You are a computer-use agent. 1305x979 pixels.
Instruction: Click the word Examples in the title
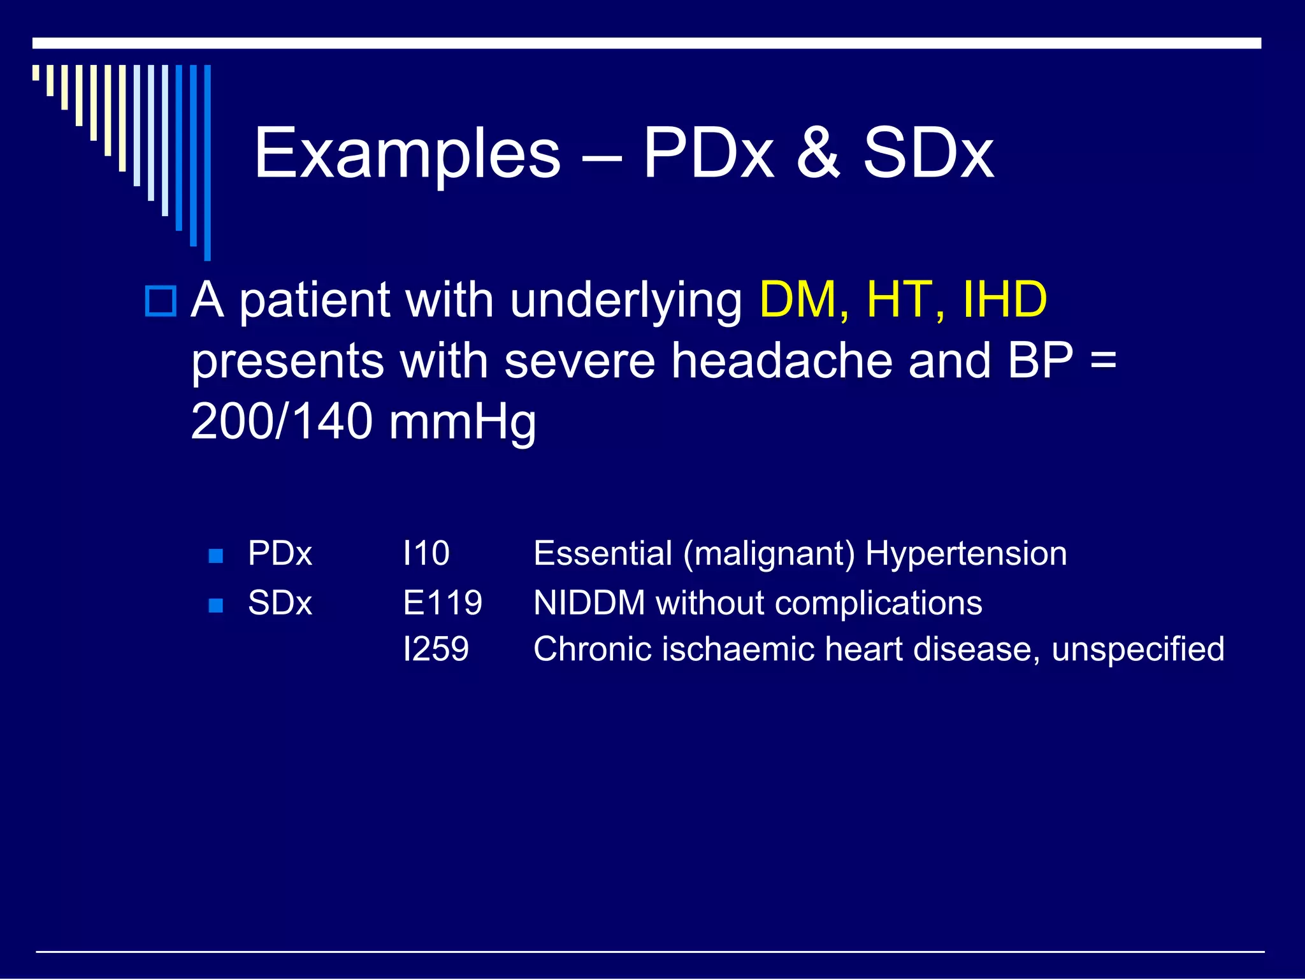(407, 154)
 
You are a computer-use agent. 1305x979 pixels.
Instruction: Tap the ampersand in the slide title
(818, 154)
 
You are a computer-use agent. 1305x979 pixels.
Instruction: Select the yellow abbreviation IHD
(1005, 300)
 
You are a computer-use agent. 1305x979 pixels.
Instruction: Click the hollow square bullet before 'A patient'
(161, 301)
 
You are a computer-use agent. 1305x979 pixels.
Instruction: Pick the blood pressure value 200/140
(282, 421)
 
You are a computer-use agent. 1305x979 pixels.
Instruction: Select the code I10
(426, 553)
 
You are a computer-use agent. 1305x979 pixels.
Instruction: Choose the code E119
(442, 603)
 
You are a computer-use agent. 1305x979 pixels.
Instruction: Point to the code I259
(436, 649)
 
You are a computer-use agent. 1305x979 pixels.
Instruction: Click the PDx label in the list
(280, 553)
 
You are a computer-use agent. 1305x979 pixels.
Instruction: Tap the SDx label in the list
(280, 603)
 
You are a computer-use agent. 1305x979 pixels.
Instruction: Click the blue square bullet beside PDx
(216, 556)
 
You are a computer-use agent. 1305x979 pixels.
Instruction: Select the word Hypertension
(966, 553)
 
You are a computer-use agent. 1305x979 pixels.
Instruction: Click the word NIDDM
(589, 603)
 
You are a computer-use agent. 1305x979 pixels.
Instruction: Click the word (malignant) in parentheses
(769, 554)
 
